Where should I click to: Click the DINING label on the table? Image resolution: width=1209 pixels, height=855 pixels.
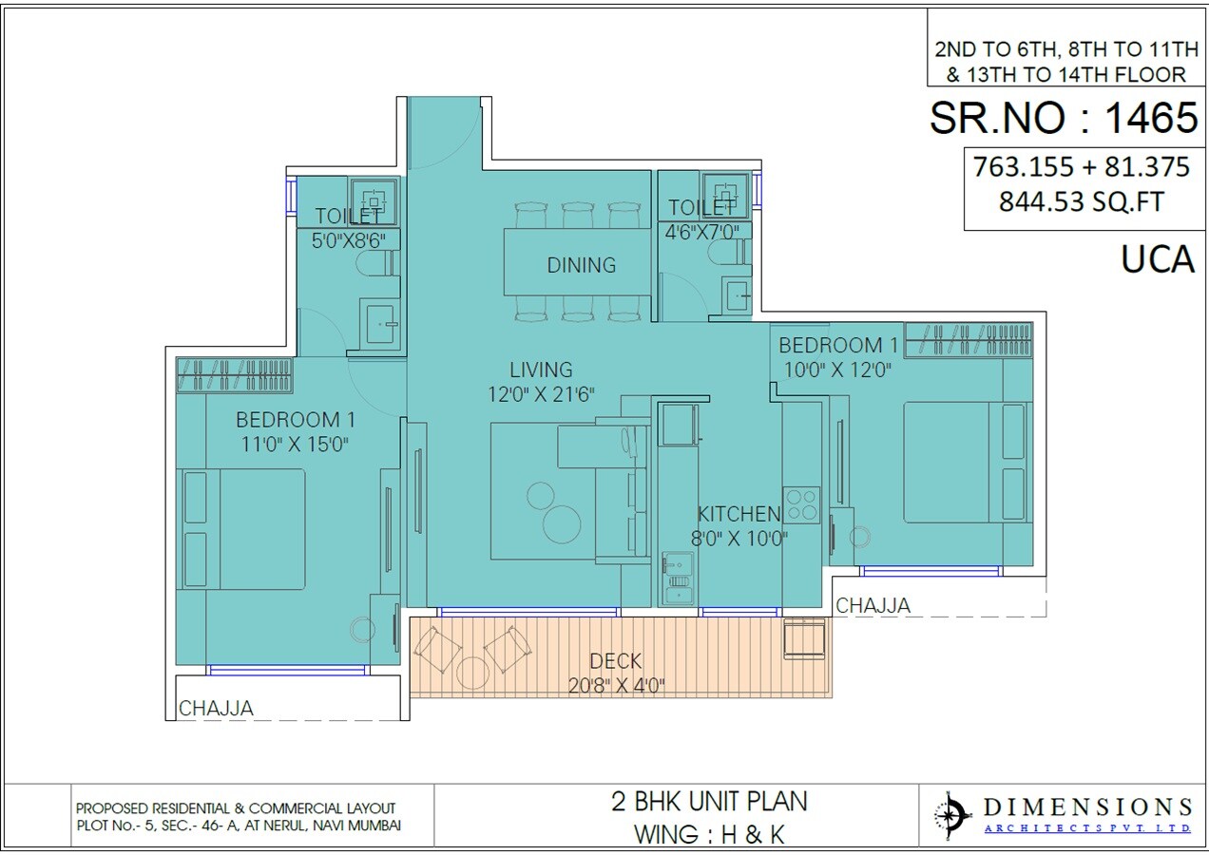coord(581,265)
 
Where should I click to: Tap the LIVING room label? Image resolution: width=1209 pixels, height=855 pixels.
coord(540,370)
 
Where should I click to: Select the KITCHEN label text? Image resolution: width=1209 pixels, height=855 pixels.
coord(739,514)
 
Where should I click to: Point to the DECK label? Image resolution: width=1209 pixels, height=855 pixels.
coord(615,661)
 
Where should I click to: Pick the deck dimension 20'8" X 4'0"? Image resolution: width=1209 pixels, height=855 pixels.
coord(615,684)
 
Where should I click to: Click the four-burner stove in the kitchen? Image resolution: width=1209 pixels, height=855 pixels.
coord(800,503)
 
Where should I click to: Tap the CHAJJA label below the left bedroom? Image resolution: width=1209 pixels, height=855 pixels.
coord(216,708)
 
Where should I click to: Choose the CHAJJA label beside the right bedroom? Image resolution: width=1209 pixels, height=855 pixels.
coord(873,605)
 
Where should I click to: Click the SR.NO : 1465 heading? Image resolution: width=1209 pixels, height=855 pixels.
coord(1063,118)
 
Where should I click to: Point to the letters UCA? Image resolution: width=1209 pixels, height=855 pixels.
coord(1157,259)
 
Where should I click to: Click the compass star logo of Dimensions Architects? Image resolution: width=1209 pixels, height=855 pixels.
coord(951,815)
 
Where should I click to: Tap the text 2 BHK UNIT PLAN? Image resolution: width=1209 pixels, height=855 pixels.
coord(708,801)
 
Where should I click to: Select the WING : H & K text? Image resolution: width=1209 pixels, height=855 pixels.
coord(708,834)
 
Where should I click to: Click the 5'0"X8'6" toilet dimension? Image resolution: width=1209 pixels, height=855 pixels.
coord(348,240)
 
